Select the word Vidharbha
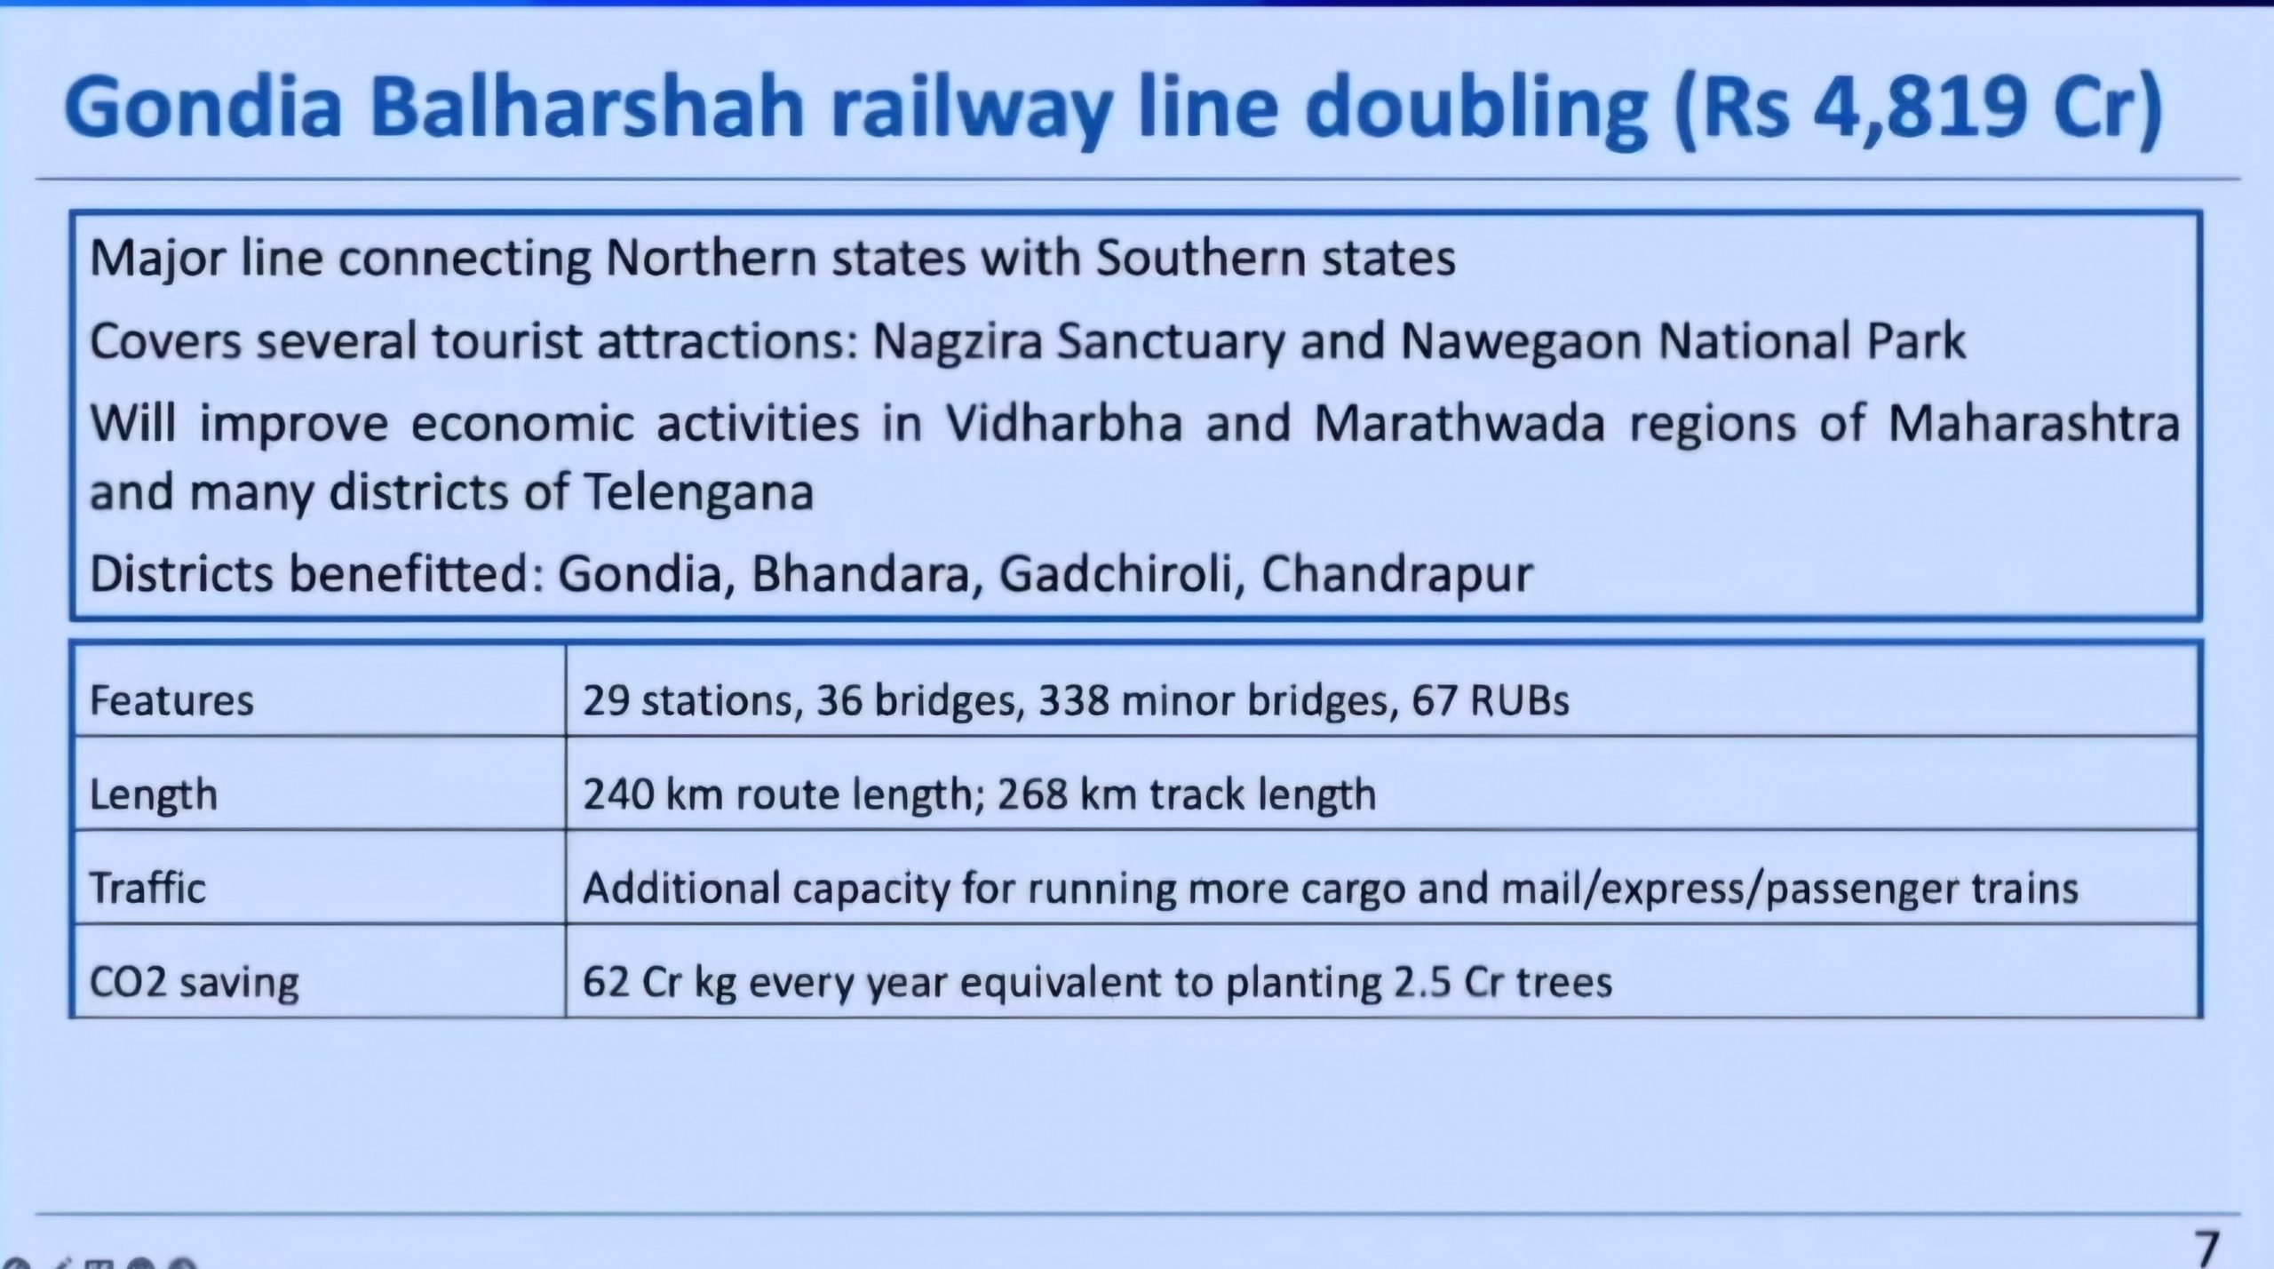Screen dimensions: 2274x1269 1062,422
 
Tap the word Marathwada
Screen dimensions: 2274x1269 1459,422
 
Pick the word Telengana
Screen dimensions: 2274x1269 698,493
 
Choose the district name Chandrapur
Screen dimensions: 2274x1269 1397,576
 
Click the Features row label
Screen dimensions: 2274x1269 171,700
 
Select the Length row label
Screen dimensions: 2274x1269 153,794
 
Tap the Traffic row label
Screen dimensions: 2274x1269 147,888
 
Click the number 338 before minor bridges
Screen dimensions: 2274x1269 1074,701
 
